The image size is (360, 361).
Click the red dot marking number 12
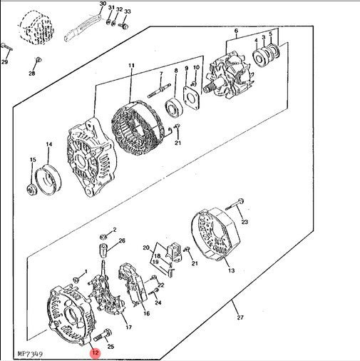click(94, 350)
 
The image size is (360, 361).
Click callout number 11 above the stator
click(131, 66)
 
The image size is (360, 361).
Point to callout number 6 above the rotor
click(235, 31)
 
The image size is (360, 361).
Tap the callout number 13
click(230, 271)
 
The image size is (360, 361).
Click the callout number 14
click(49, 145)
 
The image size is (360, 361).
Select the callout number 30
click(102, 4)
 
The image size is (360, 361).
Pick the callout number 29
click(4, 63)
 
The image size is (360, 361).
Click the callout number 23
click(245, 223)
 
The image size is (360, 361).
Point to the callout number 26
click(122, 241)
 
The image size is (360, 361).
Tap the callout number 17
click(128, 327)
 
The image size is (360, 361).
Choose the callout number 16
click(145, 313)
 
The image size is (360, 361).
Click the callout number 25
click(110, 346)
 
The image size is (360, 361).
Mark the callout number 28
click(32, 73)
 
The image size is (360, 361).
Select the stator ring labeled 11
click(135, 128)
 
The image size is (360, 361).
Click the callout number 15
click(32, 159)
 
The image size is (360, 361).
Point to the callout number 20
click(146, 248)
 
